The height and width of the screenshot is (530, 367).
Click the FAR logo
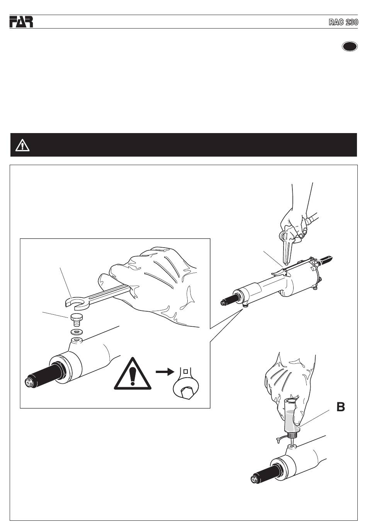21,22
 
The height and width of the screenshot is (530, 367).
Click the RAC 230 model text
343,22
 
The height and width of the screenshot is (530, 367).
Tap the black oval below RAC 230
350,46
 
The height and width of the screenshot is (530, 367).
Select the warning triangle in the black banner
22,145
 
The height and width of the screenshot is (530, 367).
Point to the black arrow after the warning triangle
165,372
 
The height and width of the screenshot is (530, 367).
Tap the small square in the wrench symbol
185,371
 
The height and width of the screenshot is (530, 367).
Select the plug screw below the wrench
76,320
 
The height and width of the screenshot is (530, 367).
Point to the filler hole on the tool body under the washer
76,341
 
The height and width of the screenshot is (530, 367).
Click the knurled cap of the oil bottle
292,435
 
